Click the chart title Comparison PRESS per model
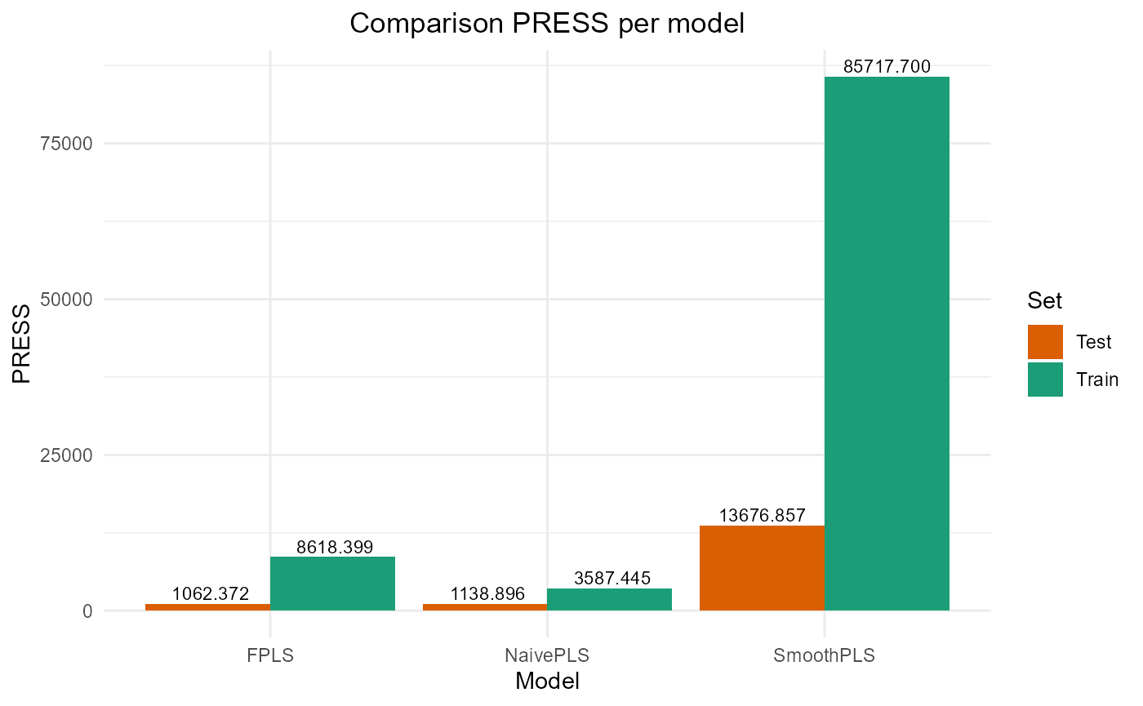click(x=547, y=24)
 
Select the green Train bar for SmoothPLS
click(x=887, y=343)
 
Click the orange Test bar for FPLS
click(x=207, y=606)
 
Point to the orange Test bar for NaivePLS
click(x=485, y=606)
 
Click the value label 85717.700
click(x=887, y=67)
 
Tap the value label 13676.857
click(x=762, y=516)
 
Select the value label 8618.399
click(x=334, y=547)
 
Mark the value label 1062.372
click(x=210, y=593)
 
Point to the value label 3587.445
click(x=612, y=579)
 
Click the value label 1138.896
click(x=487, y=593)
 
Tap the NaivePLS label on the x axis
click(x=547, y=655)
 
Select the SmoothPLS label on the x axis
click(x=825, y=655)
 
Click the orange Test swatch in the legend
click(x=1045, y=342)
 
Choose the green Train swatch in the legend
click(x=1045, y=380)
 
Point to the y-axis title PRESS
click(x=22, y=343)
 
